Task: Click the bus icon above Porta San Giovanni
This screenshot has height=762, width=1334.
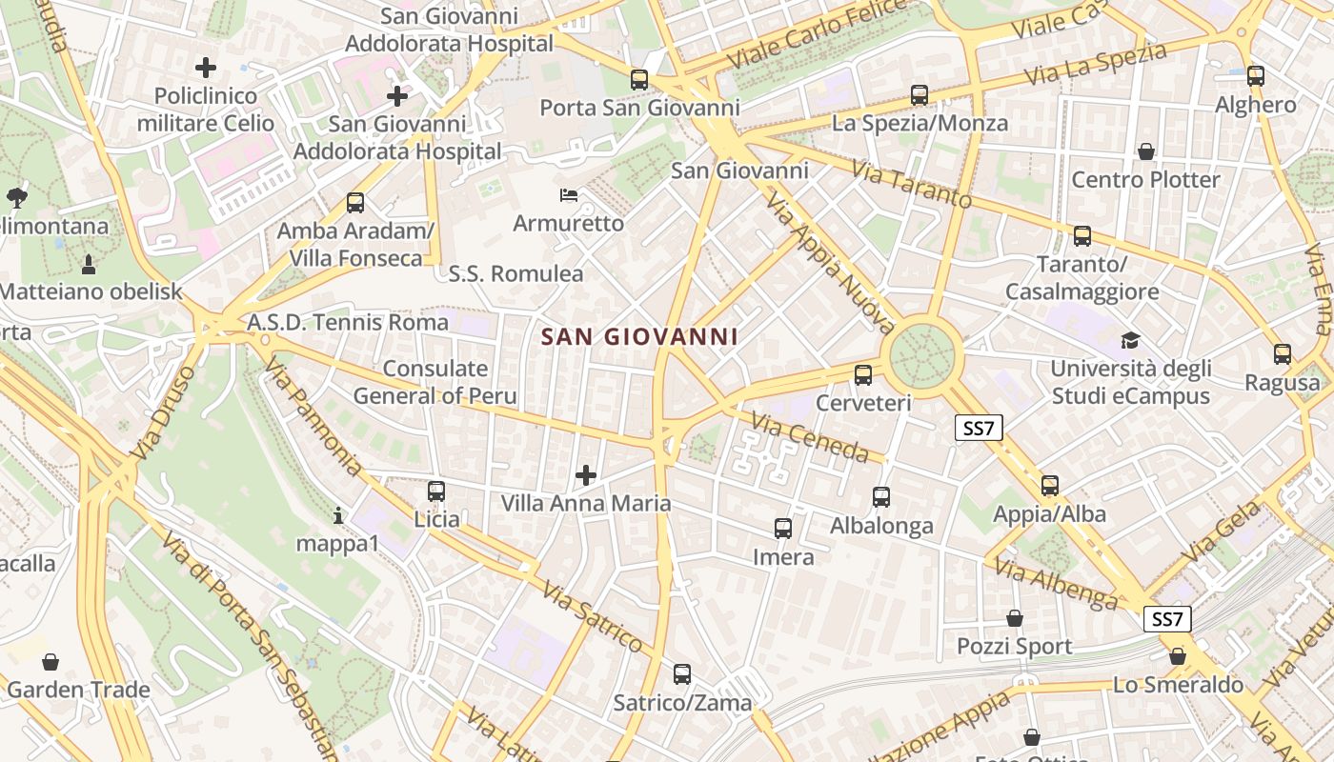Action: tap(639, 80)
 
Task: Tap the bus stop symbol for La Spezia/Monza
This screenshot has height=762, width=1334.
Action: tap(920, 95)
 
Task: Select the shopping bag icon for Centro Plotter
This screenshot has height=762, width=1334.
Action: tap(1146, 151)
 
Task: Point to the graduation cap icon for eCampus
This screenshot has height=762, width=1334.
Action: tap(1130, 340)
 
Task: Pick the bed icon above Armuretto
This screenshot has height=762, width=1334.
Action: tap(569, 195)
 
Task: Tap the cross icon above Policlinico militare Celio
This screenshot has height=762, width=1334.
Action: tap(206, 68)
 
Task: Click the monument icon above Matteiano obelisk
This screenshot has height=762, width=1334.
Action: tap(90, 263)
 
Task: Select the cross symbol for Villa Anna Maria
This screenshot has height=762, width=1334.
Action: tap(586, 474)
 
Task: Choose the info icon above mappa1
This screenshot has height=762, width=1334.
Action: tap(338, 516)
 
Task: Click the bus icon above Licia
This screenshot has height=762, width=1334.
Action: tap(436, 491)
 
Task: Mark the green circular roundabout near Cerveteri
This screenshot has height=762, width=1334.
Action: tap(922, 356)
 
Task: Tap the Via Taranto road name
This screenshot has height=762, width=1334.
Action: tap(912, 185)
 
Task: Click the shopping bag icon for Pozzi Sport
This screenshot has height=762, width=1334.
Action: tap(1015, 618)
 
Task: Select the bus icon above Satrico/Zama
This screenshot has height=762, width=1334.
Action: tap(682, 674)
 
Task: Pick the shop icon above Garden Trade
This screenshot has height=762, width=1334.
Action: tap(51, 661)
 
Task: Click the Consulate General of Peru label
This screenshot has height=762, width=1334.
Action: tap(435, 382)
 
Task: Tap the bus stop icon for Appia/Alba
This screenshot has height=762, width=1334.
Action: tap(1050, 486)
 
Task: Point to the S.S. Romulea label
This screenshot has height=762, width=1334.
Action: tap(515, 274)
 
